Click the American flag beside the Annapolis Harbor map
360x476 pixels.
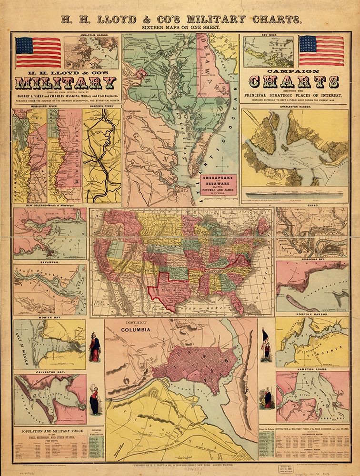pyautogui.click(x=38, y=52)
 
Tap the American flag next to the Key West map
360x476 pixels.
pyautogui.click(x=321, y=50)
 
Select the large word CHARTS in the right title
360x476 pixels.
pyautogui.click(x=294, y=82)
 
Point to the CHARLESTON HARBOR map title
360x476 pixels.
pyautogui.click(x=294, y=108)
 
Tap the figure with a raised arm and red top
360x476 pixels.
pyautogui.click(x=95, y=399)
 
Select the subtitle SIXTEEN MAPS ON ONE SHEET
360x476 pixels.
pyautogui.click(x=180, y=28)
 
